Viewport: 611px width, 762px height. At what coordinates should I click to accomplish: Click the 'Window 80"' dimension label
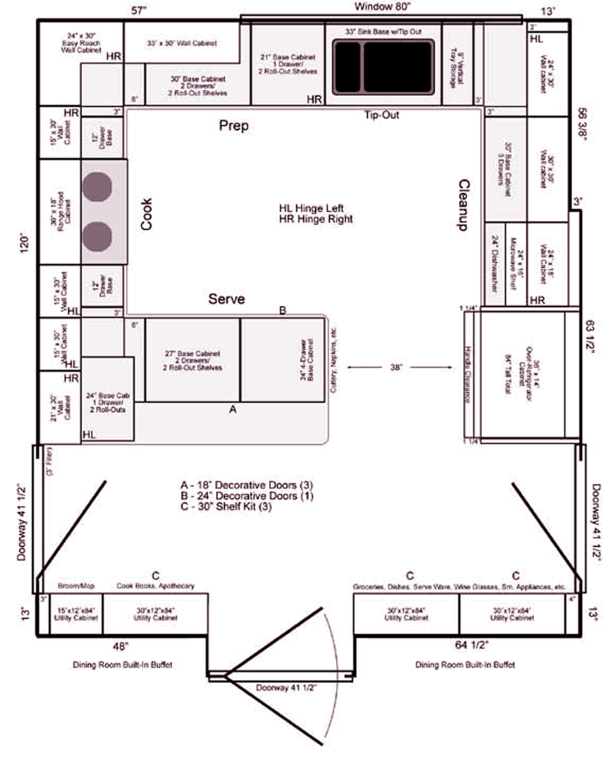click(x=382, y=7)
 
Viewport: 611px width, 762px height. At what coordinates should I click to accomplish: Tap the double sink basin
click(x=383, y=66)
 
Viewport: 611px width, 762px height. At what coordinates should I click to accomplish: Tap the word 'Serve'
click(x=226, y=299)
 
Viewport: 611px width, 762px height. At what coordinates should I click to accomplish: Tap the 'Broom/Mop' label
click(x=75, y=586)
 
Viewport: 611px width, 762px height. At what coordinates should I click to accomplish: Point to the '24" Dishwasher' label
click(x=495, y=264)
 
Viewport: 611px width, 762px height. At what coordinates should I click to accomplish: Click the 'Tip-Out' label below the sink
click(x=382, y=115)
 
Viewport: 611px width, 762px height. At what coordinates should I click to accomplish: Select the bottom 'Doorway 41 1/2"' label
click(x=286, y=687)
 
